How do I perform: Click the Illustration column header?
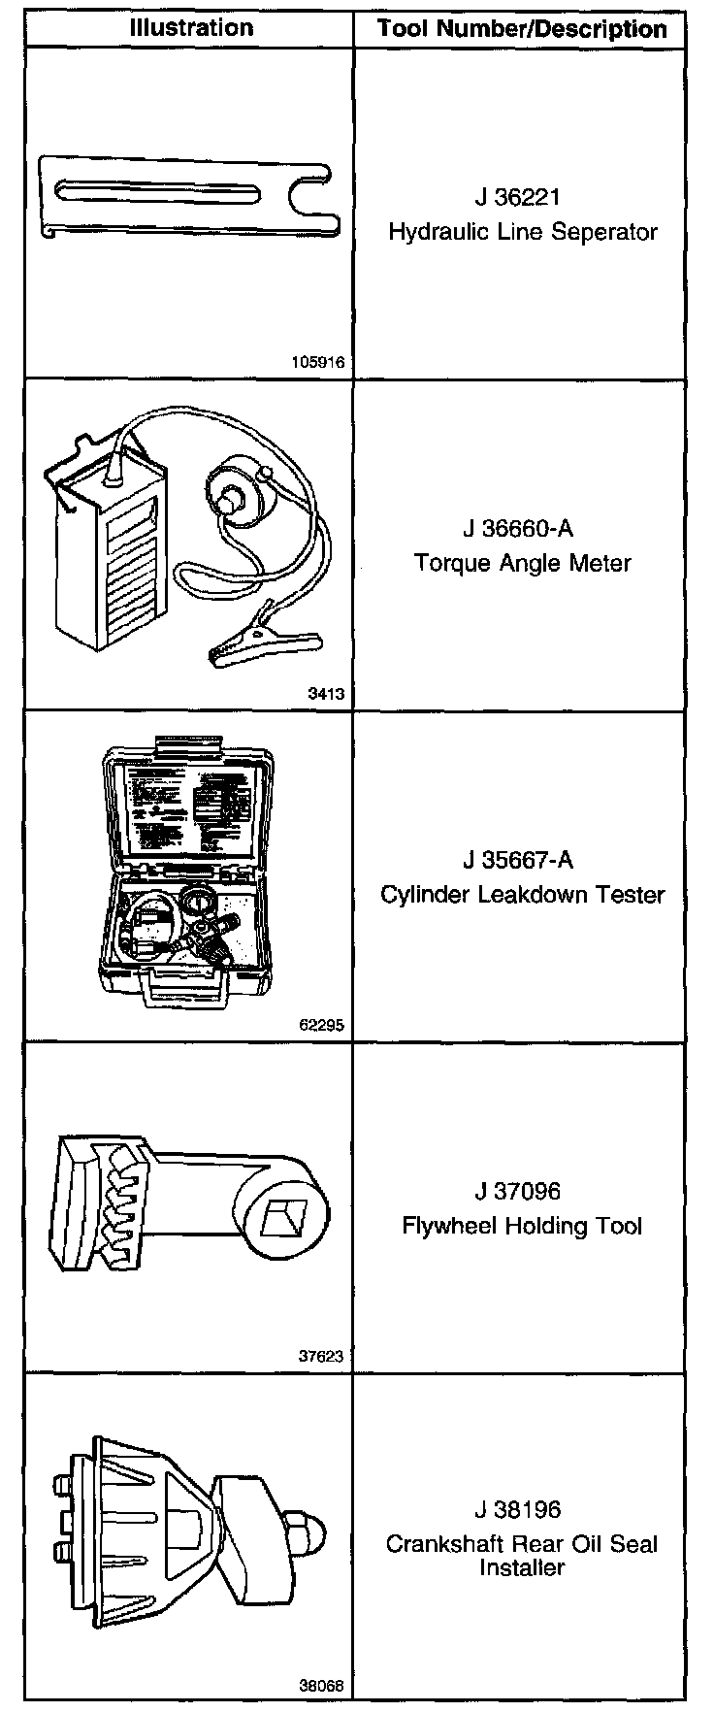click(191, 28)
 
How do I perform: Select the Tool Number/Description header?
click(522, 29)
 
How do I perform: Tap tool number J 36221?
click(518, 198)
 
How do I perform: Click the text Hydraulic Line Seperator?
click(522, 232)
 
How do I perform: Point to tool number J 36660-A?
click(518, 529)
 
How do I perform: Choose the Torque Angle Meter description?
click(522, 563)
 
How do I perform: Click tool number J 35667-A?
click(518, 860)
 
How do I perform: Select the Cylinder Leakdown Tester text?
click(522, 894)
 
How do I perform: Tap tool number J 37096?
click(518, 1192)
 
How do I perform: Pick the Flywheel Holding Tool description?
click(522, 1226)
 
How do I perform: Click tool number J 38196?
click(518, 1510)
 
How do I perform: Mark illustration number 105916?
click(317, 363)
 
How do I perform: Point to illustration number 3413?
click(326, 694)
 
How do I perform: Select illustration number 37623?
click(321, 1357)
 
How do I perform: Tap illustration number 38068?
click(321, 1687)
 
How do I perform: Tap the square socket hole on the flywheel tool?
click(285, 1214)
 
